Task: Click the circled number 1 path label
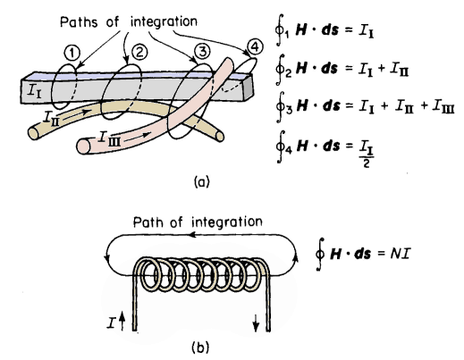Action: point(72,54)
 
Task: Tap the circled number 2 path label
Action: point(139,52)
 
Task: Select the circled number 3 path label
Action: point(202,52)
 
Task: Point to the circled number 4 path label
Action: point(256,47)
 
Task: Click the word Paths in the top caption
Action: point(79,21)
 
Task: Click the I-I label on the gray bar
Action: point(34,90)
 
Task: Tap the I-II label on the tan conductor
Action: point(50,118)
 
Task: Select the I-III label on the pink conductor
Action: point(110,139)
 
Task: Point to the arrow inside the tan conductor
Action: point(76,114)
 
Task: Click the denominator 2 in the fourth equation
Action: point(367,163)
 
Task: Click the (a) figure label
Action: point(202,181)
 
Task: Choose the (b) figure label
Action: point(200,347)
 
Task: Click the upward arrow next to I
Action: point(122,322)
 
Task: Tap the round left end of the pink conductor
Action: point(83,146)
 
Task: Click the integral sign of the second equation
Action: point(280,70)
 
